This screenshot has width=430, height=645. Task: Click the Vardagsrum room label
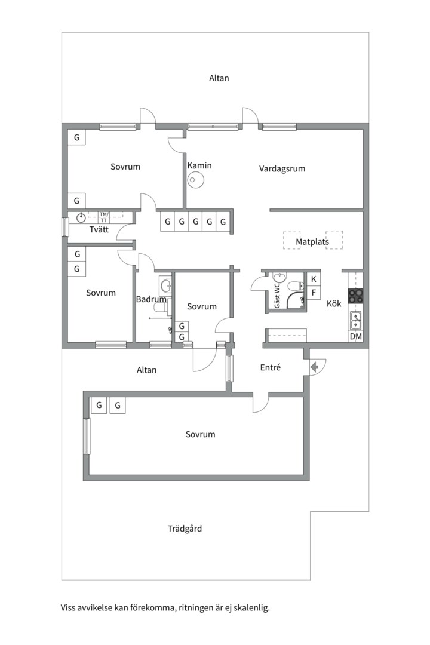point(282,168)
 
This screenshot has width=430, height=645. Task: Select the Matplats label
point(312,241)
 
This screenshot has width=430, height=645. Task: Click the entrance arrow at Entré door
point(315,367)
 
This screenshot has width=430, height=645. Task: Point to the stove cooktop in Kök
point(356,296)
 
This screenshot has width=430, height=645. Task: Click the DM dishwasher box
point(356,336)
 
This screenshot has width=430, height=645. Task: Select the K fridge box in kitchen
point(314,279)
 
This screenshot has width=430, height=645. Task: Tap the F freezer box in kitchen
point(314,293)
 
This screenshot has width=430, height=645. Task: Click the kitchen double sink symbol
point(355,321)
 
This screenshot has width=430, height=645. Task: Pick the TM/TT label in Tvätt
point(104,217)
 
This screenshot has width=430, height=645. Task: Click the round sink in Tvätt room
point(81,217)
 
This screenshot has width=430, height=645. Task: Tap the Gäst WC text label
point(277,295)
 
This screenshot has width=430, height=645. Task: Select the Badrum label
point(151,299)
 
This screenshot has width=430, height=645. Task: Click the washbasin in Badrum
point(166,284)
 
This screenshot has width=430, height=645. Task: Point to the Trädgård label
point(185,529)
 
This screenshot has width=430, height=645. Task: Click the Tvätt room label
point(99,229)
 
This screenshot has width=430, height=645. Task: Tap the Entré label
point(271,367)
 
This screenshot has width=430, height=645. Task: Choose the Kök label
point(334,303)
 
